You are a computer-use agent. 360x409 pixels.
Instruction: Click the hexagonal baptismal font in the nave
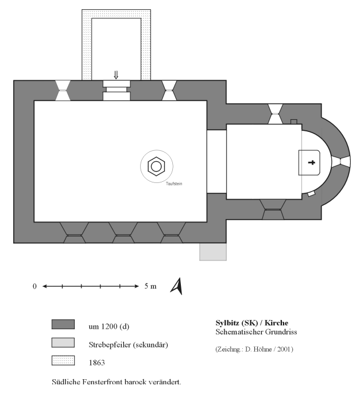coord(156,166)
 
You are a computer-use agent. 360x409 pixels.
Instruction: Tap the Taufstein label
coord(174,184)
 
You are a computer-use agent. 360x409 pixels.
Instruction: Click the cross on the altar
coord(311,162)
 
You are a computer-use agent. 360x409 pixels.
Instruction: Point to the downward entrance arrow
coord(116,75)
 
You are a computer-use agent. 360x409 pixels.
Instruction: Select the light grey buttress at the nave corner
coord(213,252)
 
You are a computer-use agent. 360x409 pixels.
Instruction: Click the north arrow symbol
coord(177,286)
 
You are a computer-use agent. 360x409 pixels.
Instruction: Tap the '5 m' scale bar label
coord(150,286)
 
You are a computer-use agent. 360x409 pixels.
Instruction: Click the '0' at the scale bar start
coord(34,286)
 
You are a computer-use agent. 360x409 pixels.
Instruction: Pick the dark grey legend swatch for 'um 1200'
coord(63,324)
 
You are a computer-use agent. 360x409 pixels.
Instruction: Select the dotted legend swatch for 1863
coord(63,360)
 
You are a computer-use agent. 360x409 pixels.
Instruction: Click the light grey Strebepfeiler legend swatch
coord(63,342)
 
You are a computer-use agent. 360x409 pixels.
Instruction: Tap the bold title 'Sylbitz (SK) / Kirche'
coord(252,323)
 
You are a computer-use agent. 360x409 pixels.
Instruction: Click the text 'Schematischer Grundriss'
coord(256,332)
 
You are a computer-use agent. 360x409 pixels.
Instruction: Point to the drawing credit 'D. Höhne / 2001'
coord(269,349)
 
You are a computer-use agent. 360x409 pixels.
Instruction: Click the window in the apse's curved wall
coord(341,161)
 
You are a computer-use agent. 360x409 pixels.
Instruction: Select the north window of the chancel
coord(275,114)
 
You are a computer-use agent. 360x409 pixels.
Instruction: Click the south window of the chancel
coord(273,209)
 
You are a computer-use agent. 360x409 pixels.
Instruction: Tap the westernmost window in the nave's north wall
coord(63,90)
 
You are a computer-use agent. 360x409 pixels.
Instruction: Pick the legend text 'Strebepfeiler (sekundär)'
coord(128,345)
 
